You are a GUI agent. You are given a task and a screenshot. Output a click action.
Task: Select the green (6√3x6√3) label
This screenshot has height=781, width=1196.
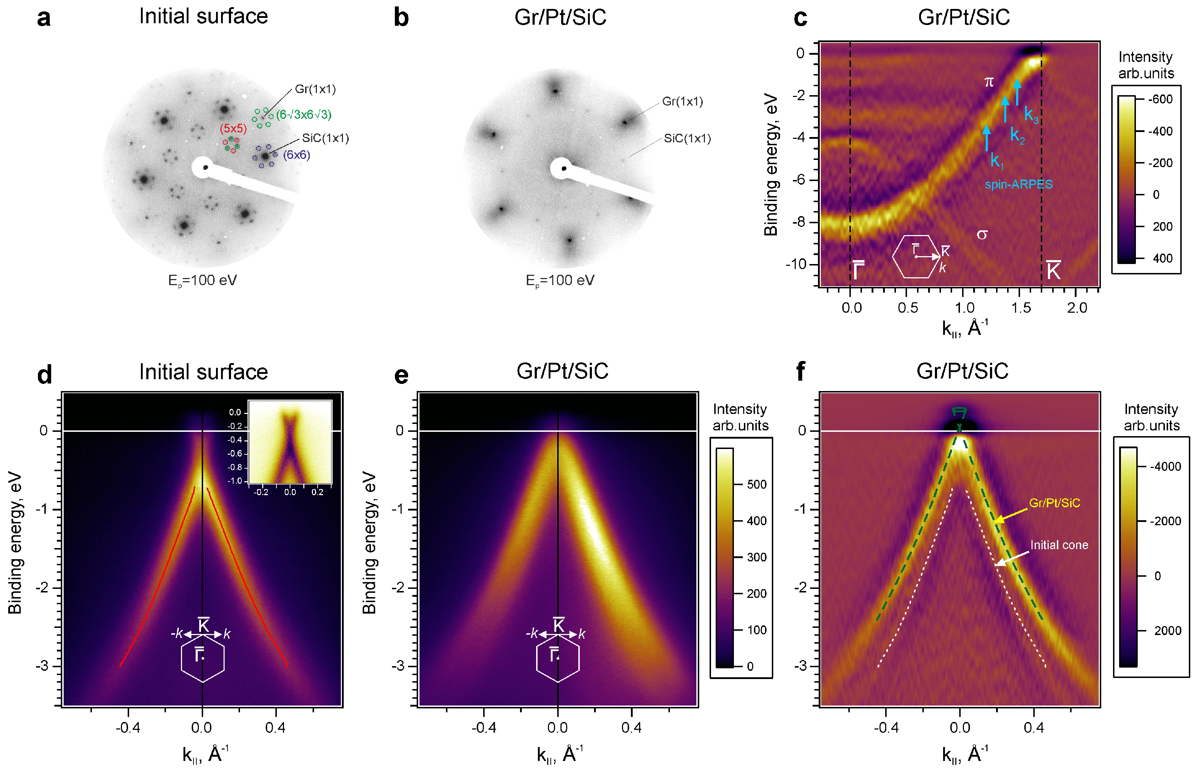coord(304,114)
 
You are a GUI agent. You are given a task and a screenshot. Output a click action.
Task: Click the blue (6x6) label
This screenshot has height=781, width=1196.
coord(296,155)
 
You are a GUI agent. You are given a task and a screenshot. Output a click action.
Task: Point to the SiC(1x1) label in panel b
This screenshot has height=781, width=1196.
coord(687,138)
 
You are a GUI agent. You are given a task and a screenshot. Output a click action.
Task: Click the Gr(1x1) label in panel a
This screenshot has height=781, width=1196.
coord(315,89)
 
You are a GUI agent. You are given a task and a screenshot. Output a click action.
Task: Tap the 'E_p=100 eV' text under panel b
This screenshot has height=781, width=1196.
coord(560,280)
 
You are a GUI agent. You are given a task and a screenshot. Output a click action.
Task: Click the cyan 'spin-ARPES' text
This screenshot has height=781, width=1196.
coord(1018,185)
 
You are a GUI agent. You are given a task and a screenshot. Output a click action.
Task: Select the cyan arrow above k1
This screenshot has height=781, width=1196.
coord(986,138)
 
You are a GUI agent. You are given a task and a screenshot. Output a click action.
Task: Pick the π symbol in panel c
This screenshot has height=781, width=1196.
coord(989,82)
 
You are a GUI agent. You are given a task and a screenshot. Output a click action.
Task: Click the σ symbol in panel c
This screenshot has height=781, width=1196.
coord(981,234)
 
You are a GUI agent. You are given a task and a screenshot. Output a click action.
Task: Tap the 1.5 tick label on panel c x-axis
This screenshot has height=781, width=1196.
coord(1021,308)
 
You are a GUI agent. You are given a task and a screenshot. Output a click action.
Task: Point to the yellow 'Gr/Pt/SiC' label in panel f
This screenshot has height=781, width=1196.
coord(1054,503)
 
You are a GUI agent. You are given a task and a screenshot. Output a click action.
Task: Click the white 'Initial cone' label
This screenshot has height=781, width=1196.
coord(1059,545)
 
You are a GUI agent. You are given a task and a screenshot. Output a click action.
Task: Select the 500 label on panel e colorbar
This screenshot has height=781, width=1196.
coord(756,484)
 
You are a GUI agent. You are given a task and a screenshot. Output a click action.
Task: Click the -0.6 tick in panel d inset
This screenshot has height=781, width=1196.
coord(235,453)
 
